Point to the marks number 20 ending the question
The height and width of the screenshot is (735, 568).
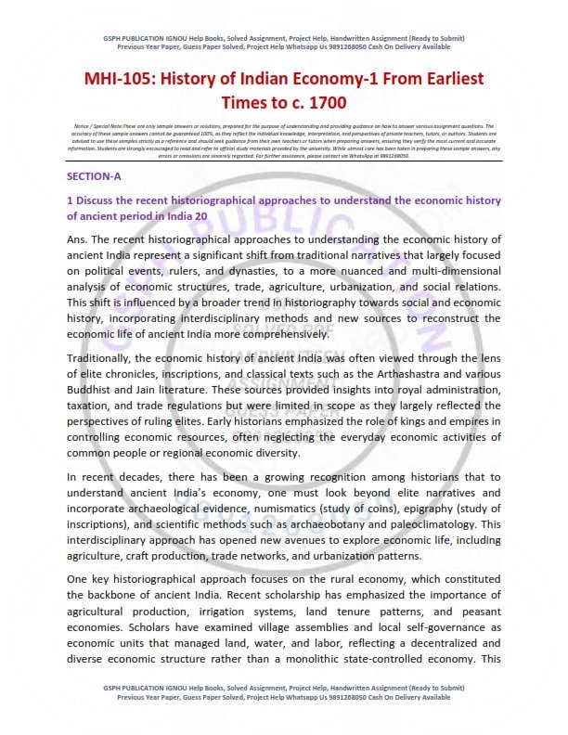pos(200,216)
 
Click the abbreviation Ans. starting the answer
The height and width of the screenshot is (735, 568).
pos(79,240)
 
